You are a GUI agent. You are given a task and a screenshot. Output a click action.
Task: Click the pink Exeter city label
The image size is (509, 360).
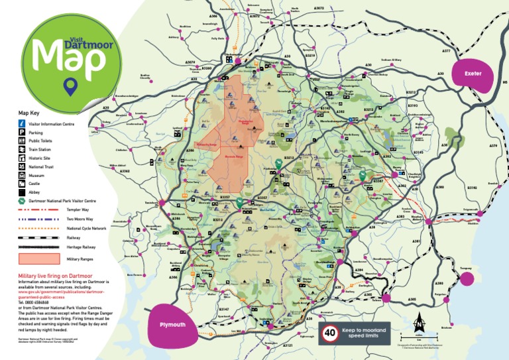tap(473, 74)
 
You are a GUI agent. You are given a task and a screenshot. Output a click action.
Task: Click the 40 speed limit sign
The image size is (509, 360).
tap(329, 333)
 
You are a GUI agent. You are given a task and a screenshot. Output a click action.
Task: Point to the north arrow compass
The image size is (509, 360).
tap(418, 325)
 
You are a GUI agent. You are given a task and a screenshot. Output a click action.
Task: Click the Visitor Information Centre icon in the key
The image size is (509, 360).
tap(22, 123)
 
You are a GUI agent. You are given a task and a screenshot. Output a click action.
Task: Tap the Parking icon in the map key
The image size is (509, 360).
tap(22, 133)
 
